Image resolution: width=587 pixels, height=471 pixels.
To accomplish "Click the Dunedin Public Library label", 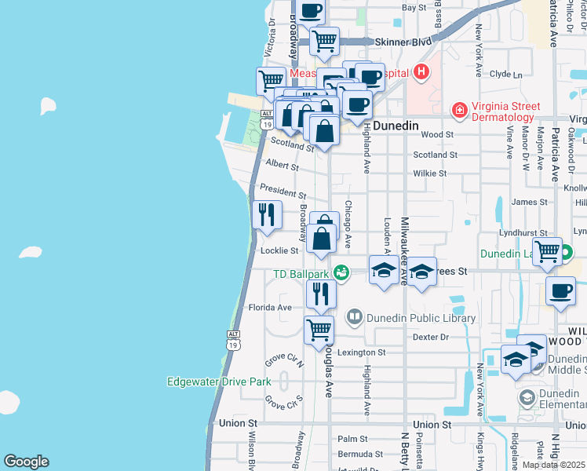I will click(424, 318).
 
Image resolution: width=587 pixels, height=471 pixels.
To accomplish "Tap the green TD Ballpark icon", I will click(341, 273).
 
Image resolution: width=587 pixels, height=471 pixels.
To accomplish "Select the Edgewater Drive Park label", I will click(219, 382).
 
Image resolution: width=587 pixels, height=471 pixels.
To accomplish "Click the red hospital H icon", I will click(421, 73).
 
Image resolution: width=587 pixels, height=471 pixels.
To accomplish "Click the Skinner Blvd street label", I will click(404, 42).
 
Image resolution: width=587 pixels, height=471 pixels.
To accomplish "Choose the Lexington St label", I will click(363, 352).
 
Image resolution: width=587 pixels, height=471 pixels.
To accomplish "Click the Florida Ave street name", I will click(270, 308).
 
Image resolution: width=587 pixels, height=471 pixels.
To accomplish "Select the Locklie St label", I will click(279, 250).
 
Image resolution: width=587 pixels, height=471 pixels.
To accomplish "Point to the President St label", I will click(283, 192).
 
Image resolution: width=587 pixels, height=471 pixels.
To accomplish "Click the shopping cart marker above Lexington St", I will click(319, 330).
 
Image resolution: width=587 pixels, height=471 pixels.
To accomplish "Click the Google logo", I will click(26, 462).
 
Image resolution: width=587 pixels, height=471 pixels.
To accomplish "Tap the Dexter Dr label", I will click(429, 337).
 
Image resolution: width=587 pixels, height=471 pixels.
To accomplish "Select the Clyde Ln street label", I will click(505, 75).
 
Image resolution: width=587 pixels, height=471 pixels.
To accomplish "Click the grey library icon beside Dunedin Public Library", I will click(355, 318).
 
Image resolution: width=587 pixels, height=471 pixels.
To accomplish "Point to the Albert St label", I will click(283, 166).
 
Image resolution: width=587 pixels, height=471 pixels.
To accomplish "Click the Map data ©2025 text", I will click(553, 465).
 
